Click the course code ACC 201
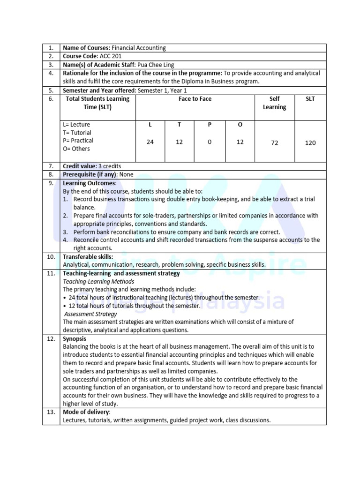[110, 56]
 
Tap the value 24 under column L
[150, 142]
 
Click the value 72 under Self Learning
[274, 142]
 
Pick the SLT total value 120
[310, 142]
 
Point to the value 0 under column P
[210, 142]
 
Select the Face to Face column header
[195, 99]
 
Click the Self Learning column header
[274, 103]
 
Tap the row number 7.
[51, 166]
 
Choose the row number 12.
[51, 339]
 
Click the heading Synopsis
[75, 339]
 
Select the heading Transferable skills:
[88, 257]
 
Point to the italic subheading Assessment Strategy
[90, 314]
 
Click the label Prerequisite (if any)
[90, 174]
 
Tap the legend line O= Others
[76, 149]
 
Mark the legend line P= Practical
[78, 141]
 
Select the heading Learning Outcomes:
[90, 183]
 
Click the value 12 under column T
[179, 142]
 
